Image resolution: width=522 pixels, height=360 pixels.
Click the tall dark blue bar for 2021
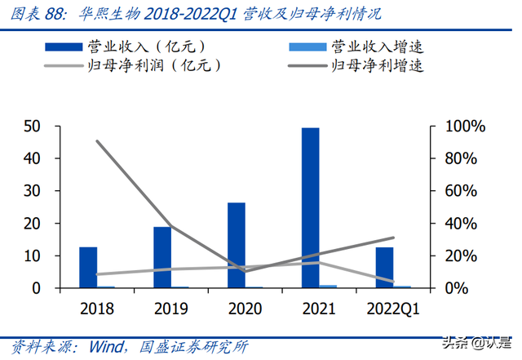point(310,207)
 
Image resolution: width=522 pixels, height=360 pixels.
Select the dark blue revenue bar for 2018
point(88,267)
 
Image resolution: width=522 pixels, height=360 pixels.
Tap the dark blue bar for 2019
point(162,257)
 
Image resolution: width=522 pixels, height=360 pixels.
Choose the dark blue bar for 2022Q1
point(384,267)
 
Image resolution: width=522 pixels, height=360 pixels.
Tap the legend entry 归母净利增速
point(376,64)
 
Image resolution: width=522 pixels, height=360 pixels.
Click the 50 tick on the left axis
point(32,127)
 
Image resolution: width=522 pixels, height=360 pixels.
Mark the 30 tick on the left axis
point(32,191)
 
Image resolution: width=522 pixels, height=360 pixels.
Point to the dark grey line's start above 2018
point(97,141)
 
